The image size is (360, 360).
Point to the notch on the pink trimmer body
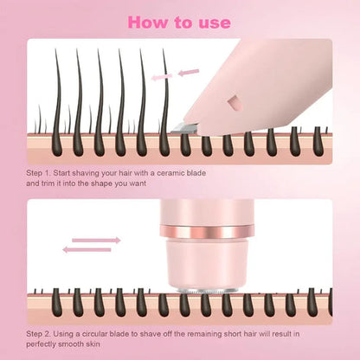pos(232,106)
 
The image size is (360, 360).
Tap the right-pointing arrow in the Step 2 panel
pos(95,240)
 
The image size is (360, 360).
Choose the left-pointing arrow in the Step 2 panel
pos(87,250)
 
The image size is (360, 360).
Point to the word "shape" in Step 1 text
pos(106,183)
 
